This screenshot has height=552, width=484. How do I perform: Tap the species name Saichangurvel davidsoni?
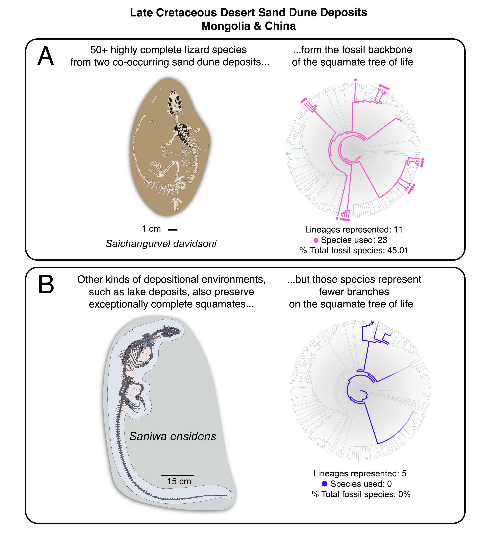(x=161, y=244)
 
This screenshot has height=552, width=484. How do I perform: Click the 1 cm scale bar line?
(x=172, y=230)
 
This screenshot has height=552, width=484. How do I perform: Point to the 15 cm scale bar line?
(x=177, y=475)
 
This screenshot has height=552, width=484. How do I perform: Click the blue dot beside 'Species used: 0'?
(x=325, y=484)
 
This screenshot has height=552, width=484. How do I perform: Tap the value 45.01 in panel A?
(x=398, y=250)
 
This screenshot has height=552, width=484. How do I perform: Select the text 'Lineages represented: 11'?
(x=354, y=229)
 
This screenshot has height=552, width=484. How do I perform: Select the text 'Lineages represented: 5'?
(x=360, y=473)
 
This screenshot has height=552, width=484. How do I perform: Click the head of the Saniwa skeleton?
(x=173, y=331)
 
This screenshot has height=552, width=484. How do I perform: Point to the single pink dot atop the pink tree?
(x=355, y=80)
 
